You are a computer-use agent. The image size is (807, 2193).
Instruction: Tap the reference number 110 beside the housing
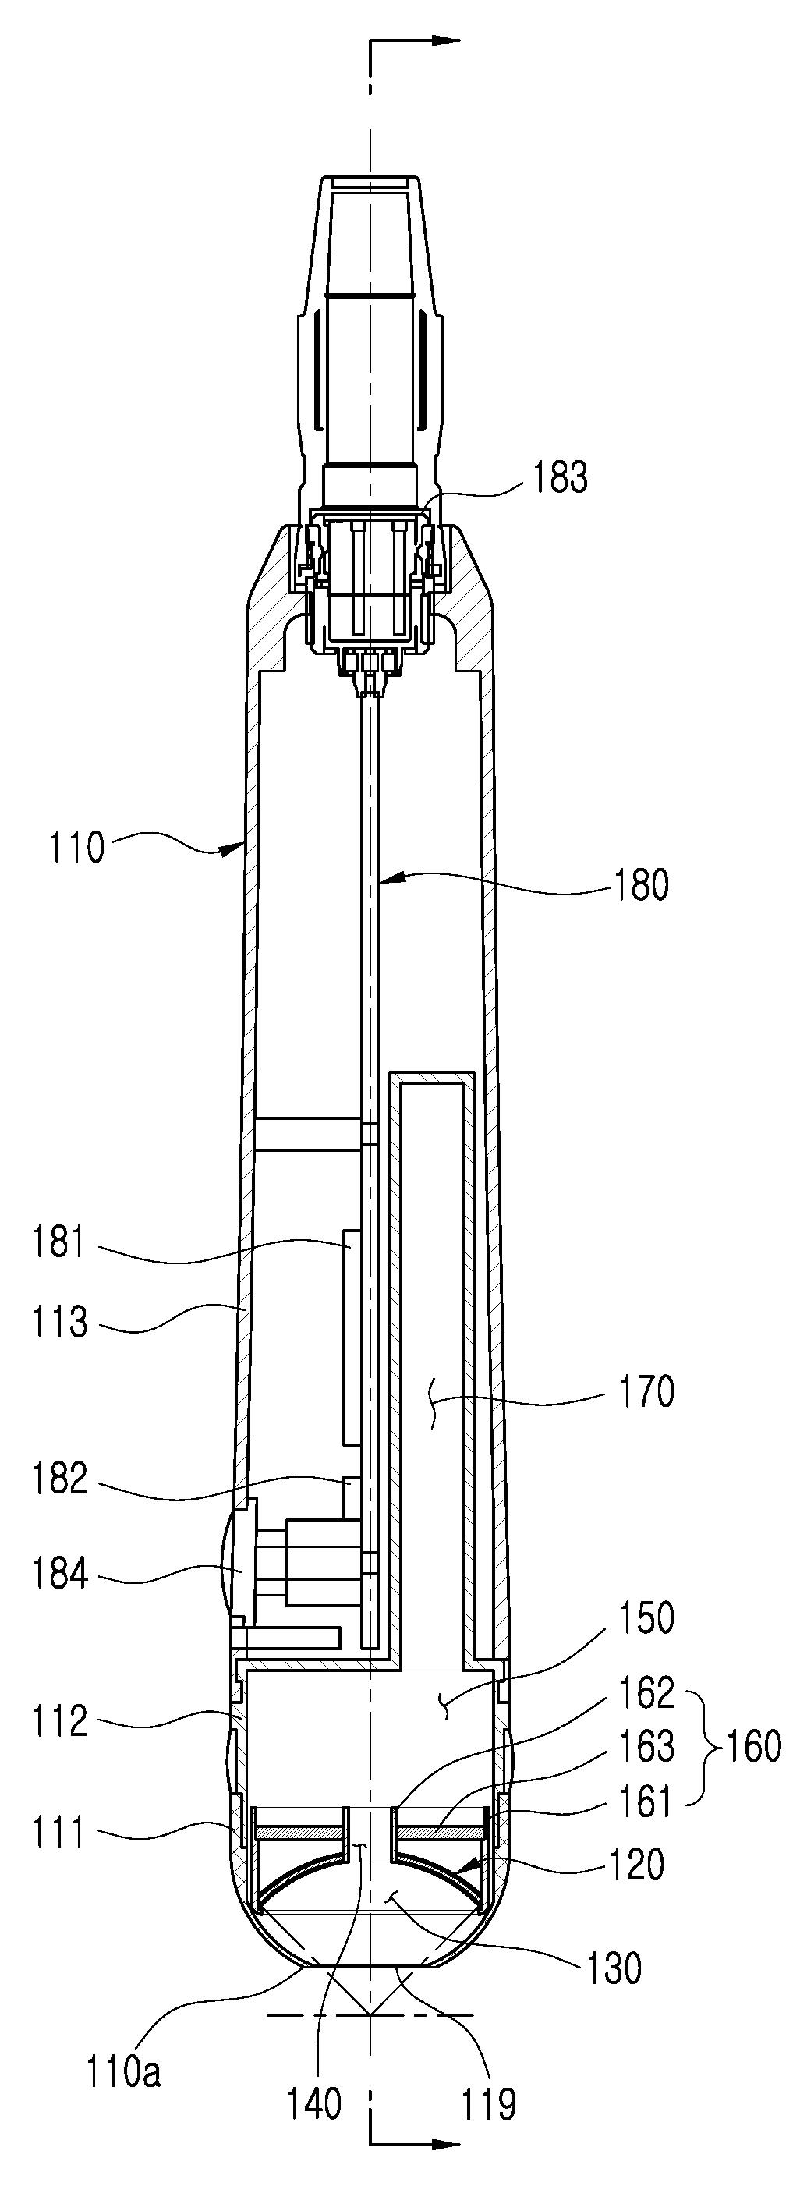coord(76,848)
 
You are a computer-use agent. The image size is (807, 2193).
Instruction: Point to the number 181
coord(59,1244)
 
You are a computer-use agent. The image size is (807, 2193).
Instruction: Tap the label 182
coord(59,1479)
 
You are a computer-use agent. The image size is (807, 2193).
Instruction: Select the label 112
coord(59,1721)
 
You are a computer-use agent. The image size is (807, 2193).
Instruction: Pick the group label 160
coord(752,1746)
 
